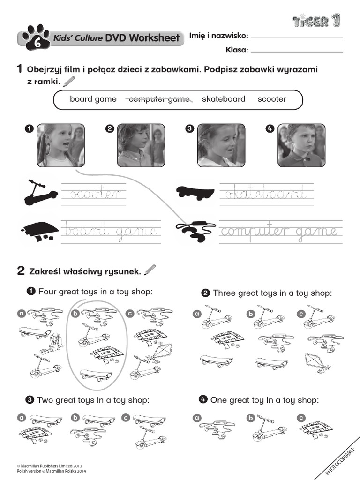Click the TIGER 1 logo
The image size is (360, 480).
(x=317, y=21)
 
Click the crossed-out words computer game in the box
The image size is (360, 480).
(x=159, y=99)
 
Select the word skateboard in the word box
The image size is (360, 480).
(x=224, y=99)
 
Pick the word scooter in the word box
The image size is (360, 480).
(x=271, y=99)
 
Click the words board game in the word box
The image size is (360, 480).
(x=93, y=99)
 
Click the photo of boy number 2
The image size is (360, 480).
(x=141, y=145)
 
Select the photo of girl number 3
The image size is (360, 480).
(x=221, y=145)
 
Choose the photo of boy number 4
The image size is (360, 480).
(x=301, y=145)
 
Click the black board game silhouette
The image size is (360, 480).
(x=39, y=230)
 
